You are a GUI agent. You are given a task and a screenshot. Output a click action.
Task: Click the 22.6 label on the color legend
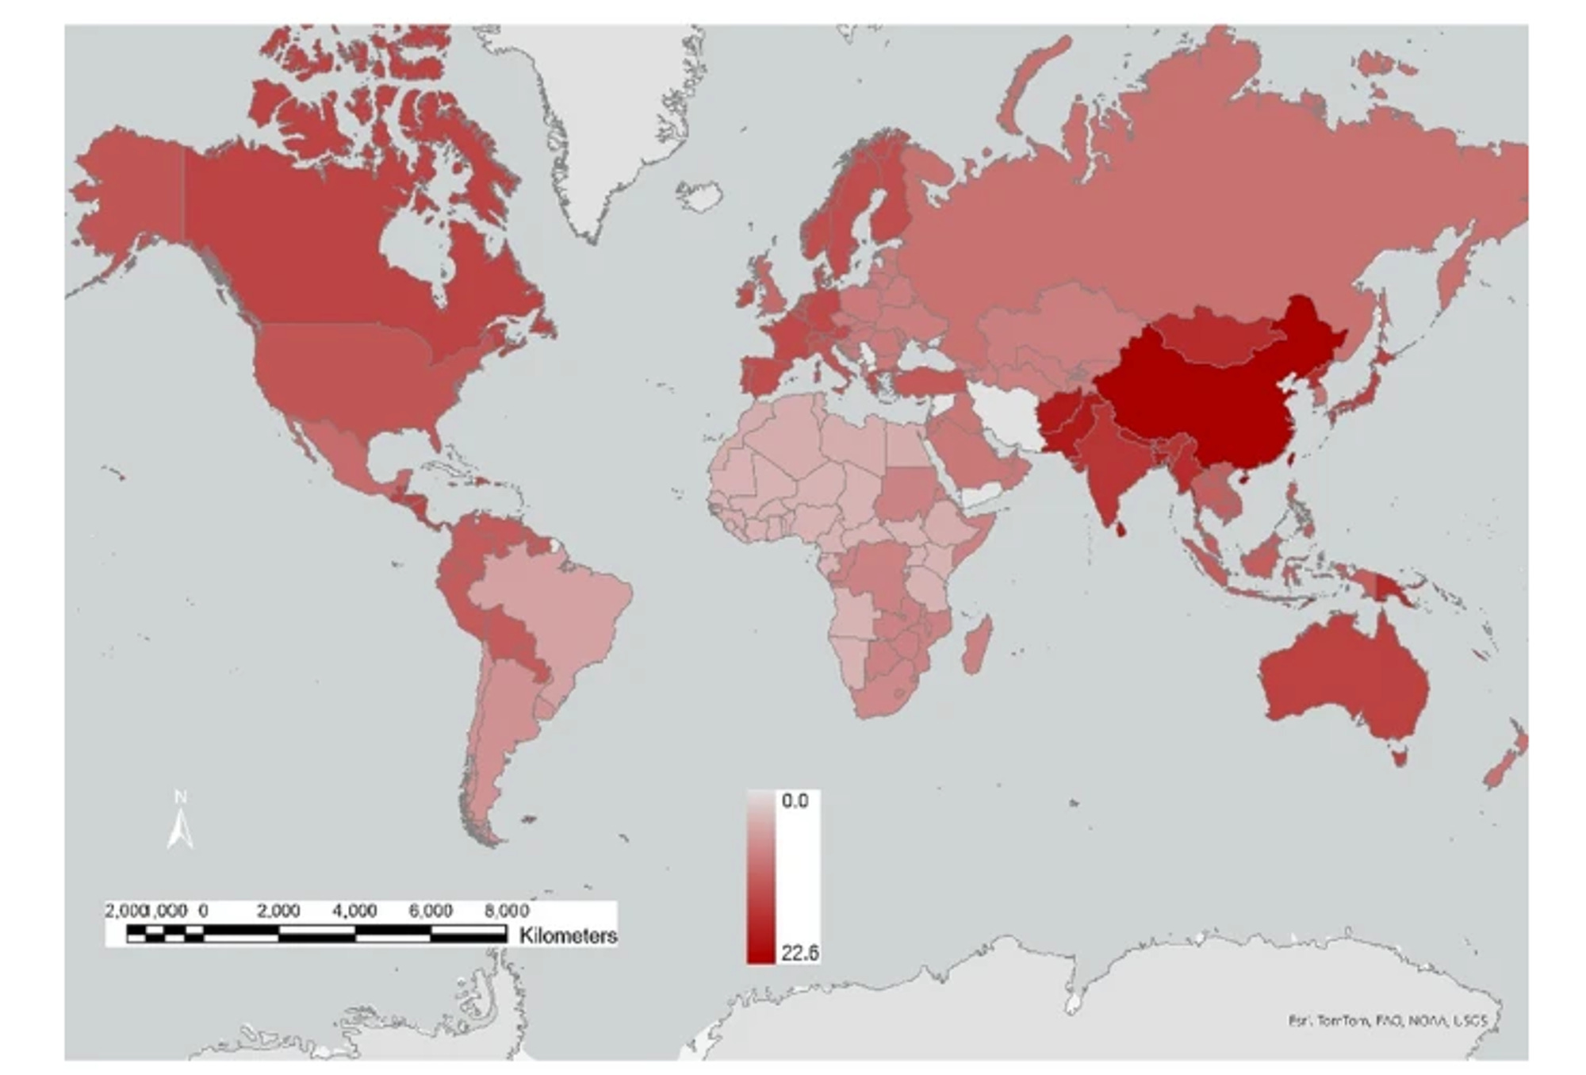click(x=799, y=952)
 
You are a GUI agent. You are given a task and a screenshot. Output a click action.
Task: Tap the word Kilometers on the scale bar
click(x=568, y=935)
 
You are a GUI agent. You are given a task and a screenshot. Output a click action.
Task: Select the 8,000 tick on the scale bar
click(x=506, y=911)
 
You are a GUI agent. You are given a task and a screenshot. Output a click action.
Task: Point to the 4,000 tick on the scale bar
click(x=354, y=911)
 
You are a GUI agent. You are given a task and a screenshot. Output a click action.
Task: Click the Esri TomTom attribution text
click(x=1387, y=1021)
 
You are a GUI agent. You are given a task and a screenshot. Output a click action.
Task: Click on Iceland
click(x=700, y=195)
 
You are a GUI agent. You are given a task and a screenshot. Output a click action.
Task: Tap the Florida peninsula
click(x=432, y=437)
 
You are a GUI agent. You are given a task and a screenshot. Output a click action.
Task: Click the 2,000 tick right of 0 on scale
click(x=278, y=911)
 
